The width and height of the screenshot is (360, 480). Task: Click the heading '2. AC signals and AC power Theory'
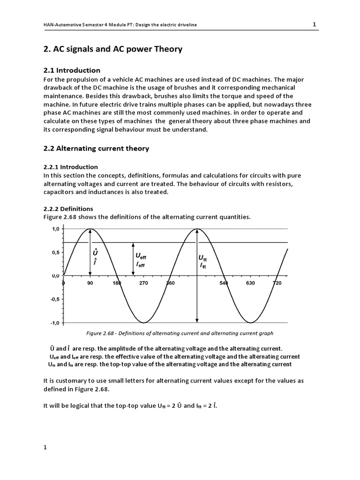coord(112,49)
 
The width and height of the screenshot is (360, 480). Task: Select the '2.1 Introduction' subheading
coord(71,70)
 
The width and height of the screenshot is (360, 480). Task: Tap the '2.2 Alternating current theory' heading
coord(96,149)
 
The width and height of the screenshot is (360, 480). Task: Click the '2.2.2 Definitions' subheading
coord(68,209)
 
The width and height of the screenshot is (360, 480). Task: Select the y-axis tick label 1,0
coord(55,229)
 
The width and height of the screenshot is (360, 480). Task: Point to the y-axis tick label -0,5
coord(55,299)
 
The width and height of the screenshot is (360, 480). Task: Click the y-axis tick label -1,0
coord(55,323)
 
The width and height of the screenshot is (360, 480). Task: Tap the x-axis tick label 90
coord(90,284)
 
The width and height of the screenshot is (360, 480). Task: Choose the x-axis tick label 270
coord(143,284)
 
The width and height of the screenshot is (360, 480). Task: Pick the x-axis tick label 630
coord(251,284)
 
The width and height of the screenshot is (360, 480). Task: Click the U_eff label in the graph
coord(141,256)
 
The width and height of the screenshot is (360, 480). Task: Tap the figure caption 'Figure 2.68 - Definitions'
coord(180,333)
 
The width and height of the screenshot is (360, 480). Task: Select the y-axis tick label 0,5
coord(55,253)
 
